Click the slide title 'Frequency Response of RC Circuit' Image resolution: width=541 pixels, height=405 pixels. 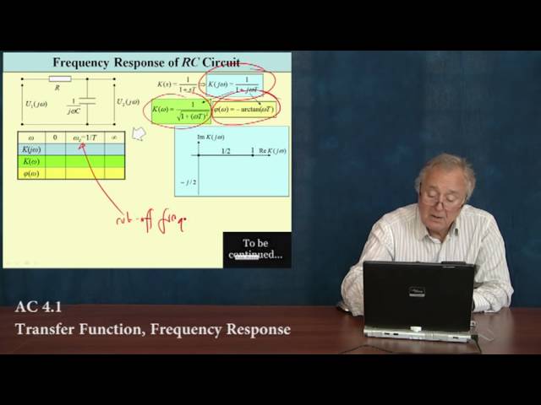coord(146,62)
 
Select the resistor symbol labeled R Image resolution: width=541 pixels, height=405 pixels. coord(59,79)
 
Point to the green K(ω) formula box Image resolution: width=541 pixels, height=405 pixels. coord(179,111)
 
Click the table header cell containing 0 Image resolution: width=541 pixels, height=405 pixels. coord(55,137)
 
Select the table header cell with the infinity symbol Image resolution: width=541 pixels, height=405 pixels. coord(114,137)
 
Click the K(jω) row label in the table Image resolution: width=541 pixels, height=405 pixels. coord(30,149)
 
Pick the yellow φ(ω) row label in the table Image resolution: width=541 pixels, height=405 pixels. coord(30,173)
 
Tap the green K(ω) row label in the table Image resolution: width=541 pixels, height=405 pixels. coord(30,161)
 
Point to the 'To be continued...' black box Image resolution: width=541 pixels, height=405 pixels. coord(257,249)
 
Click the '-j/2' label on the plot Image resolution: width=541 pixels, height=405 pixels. coord(188,182)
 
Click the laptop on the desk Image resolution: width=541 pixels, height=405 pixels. coord(418,300)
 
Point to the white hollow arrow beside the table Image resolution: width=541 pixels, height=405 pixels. coord(139,133)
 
